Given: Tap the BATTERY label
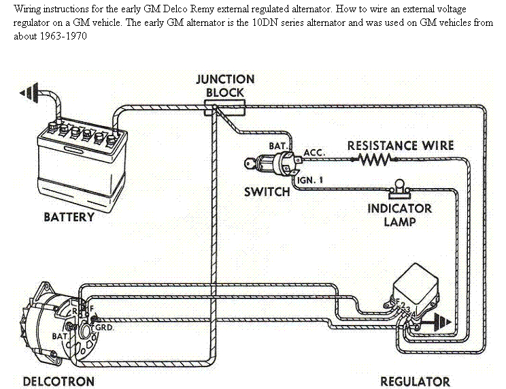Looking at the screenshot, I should [69, 217].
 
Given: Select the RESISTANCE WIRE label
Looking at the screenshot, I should [400, 145].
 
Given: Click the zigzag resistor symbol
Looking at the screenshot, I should [373, 159].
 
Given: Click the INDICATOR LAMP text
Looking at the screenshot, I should [399, 215].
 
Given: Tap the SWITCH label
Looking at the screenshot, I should [267, 192].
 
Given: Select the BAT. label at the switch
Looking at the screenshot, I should [279, 146].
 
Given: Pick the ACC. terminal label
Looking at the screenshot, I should [314, 153].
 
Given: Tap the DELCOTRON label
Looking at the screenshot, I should [58, 381].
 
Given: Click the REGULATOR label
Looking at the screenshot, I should [415, 381].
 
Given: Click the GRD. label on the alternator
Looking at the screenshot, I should [105, 326].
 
